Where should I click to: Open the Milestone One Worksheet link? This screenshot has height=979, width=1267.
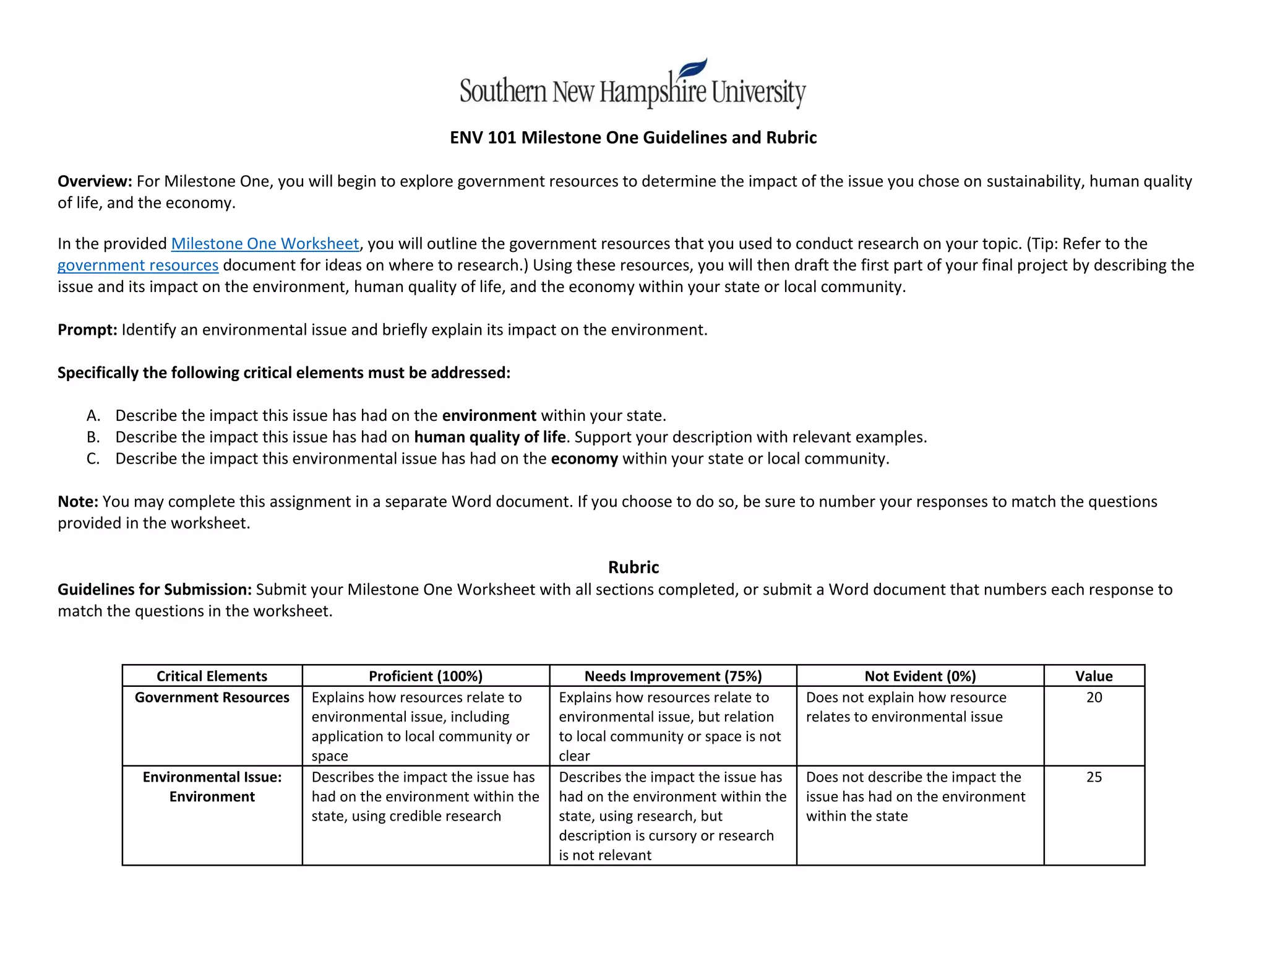point(265,244)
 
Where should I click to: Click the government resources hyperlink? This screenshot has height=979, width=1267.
point(137,265)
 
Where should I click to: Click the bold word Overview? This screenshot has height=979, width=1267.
point(95,181)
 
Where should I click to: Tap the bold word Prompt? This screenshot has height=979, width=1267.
point(87,330)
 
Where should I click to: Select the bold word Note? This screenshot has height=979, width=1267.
point(78,502)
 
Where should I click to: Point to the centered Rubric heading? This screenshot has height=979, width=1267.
point(633,567)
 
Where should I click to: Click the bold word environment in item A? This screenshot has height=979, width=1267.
point(489,416)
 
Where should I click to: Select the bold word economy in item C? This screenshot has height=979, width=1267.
point(584,459)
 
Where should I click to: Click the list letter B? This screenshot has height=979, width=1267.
point(93,438)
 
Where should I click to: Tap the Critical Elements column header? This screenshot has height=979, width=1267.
point(212,676)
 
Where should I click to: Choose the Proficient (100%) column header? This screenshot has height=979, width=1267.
point(426,676)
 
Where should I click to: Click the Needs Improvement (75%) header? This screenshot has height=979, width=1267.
point(673,676)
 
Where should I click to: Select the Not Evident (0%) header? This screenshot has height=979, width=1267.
point(920,676)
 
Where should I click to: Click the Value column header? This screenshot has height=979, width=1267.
point(1094,676)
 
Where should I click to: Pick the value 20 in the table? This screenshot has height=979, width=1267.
point(1094,697)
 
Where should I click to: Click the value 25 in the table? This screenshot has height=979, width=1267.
point(1094,777)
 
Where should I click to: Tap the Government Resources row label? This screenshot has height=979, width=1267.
point(212,697)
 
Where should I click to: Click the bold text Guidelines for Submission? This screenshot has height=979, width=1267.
point(155,590)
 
